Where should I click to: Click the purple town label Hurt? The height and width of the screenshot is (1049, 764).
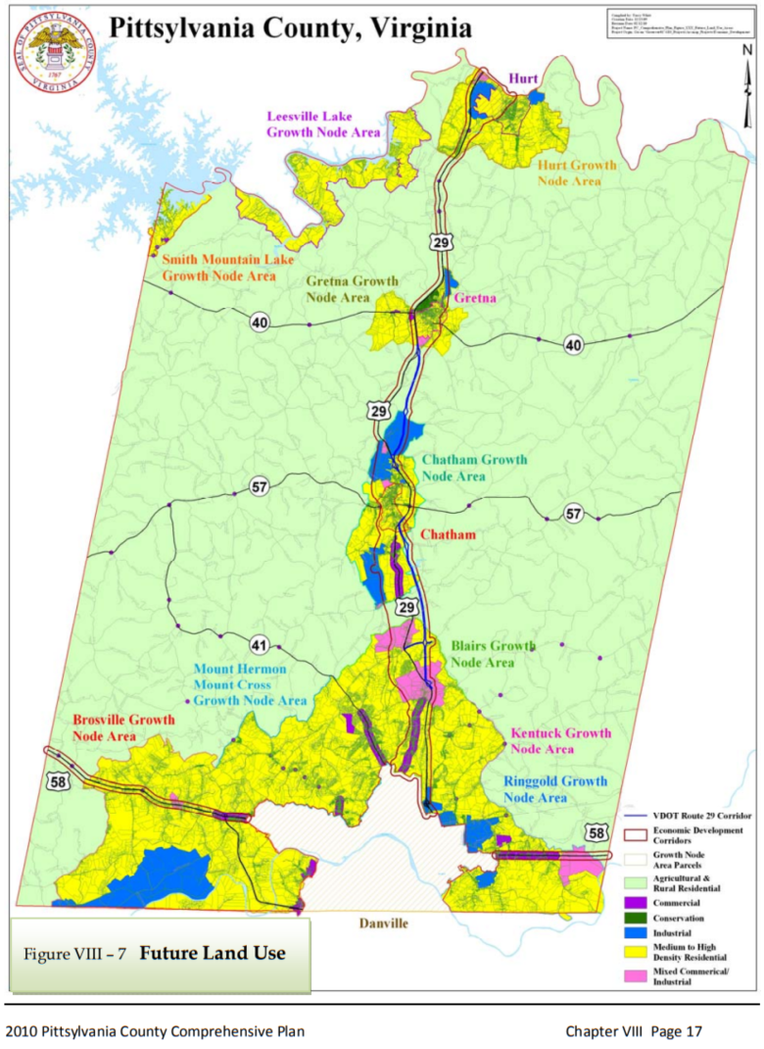[524, 78]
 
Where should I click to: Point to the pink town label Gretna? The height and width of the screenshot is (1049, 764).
[475, 299]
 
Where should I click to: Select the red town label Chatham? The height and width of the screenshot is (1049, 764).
[449, 534]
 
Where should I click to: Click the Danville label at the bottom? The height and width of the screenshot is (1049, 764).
[383, 924]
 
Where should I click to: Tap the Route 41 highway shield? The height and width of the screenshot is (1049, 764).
[259, 645]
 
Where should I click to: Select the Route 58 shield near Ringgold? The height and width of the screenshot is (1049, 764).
[597, 832]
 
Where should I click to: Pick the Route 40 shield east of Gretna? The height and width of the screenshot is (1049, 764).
[573, 343]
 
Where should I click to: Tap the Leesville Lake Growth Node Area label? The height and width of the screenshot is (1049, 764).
[323, 125]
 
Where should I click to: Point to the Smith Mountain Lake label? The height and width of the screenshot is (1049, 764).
[218, 268]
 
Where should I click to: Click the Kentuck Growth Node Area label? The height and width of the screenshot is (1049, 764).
[561, 741]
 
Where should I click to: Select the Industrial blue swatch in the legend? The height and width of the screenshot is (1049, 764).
[637, 933]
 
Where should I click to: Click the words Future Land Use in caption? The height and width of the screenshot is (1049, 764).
[213, 953]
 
